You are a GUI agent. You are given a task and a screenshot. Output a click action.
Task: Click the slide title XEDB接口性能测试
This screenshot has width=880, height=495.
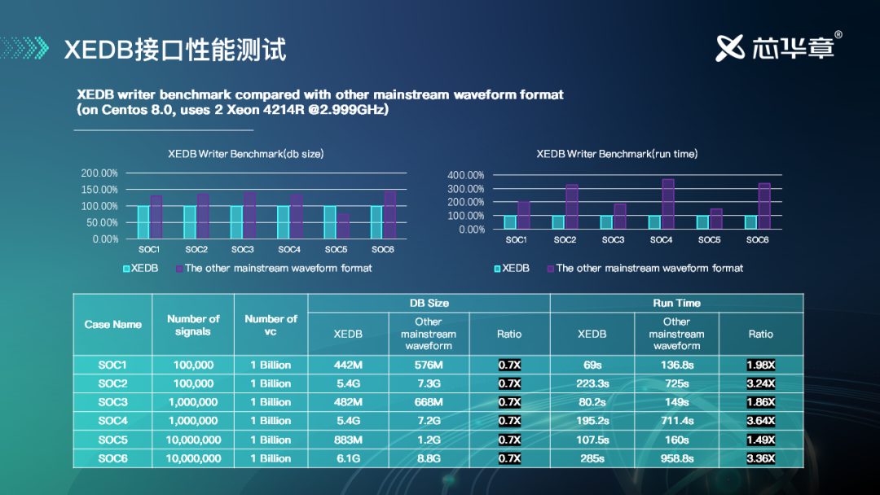(x=175, y=49)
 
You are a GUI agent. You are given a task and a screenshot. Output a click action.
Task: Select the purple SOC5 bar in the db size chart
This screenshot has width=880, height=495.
(x=344, y=226)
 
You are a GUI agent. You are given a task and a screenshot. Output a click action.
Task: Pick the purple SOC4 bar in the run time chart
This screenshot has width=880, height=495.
(x=668, y=204)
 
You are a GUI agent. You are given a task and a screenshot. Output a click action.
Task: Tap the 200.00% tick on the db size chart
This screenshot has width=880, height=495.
(x=99, y=173)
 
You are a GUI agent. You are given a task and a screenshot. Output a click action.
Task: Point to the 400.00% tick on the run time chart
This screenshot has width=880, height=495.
(x=466, y=175)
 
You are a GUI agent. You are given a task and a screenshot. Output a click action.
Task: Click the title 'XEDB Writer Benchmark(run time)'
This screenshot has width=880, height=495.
(x=617, y=153)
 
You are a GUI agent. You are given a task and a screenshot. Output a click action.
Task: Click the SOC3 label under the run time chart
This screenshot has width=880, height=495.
(x=613, y=240)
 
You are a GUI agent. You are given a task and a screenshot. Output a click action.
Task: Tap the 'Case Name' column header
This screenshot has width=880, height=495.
(x=113, y=324)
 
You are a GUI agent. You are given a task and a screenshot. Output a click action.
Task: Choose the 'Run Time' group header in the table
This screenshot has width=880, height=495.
(x=676, y=303)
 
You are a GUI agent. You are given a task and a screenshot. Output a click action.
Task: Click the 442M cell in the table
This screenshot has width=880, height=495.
(x=349, y=365)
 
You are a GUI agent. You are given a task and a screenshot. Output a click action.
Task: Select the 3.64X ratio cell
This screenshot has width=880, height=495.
(x=760, y=421)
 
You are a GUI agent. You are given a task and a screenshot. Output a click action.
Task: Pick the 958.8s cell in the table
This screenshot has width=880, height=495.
(x=676, y=458)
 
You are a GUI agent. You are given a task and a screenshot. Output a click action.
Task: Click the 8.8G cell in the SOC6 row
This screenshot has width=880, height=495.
(x=429, y=458)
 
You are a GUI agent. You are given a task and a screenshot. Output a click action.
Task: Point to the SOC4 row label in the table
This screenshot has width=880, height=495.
(x=113, y=421)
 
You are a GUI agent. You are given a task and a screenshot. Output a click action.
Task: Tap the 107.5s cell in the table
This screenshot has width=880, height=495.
(x=592, y=440)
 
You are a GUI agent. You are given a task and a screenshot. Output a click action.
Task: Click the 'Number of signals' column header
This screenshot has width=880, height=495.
(x=193, y=325)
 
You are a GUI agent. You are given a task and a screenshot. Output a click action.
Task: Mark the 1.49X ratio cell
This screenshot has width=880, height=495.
(x=760, y=440)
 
